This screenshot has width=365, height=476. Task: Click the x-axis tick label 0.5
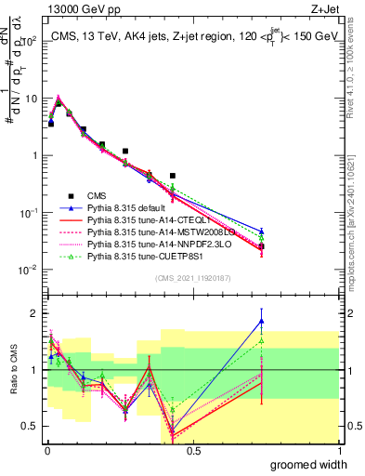tap(193, 451)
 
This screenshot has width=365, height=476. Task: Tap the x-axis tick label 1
tap(338, 451)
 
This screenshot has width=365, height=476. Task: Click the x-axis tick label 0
tap(46, 451)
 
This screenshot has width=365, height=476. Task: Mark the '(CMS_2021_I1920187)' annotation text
tap(193, 278)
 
